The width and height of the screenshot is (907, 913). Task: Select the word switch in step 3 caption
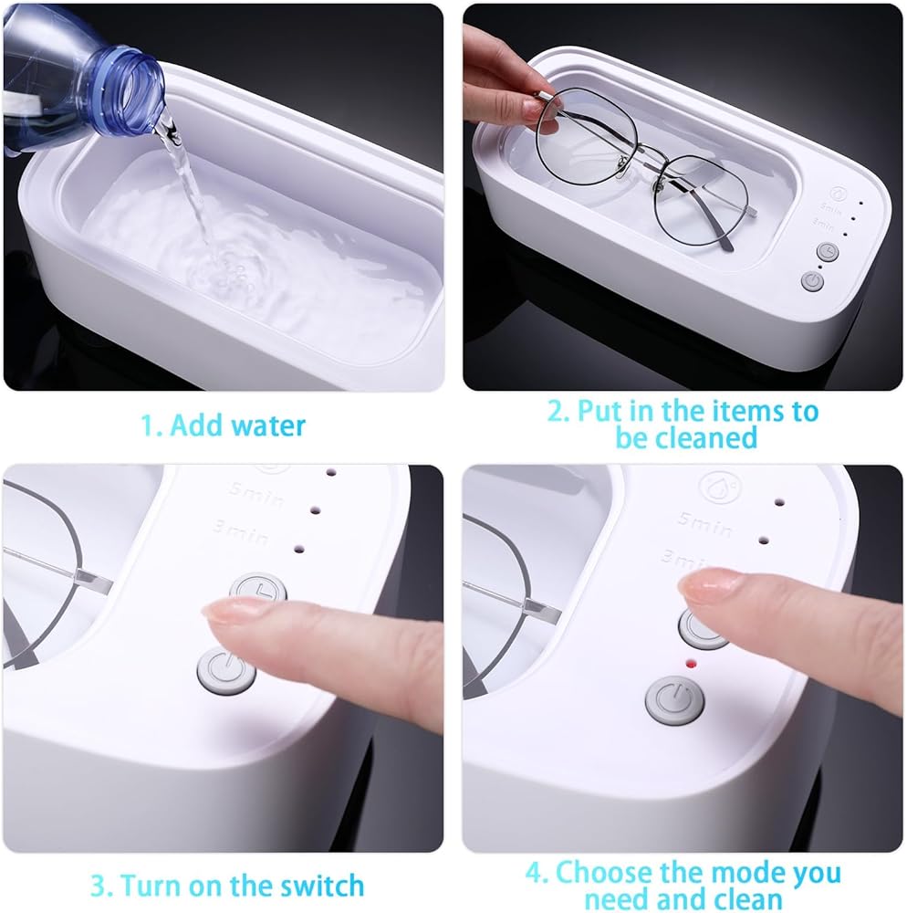click(322, 886)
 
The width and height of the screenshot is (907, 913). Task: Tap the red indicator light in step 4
click(691, 663)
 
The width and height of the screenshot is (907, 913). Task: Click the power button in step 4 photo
click(675, 700)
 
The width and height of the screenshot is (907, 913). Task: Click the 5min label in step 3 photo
click(256, 494)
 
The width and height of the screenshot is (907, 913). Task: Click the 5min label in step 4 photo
click(704, 523)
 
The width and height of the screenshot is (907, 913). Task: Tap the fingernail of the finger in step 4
click(707, 586)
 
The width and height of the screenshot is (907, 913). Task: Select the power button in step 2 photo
click(812, 282)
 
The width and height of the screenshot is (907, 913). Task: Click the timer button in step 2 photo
click(828, 252)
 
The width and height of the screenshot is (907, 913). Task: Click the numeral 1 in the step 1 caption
click(147, 426)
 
